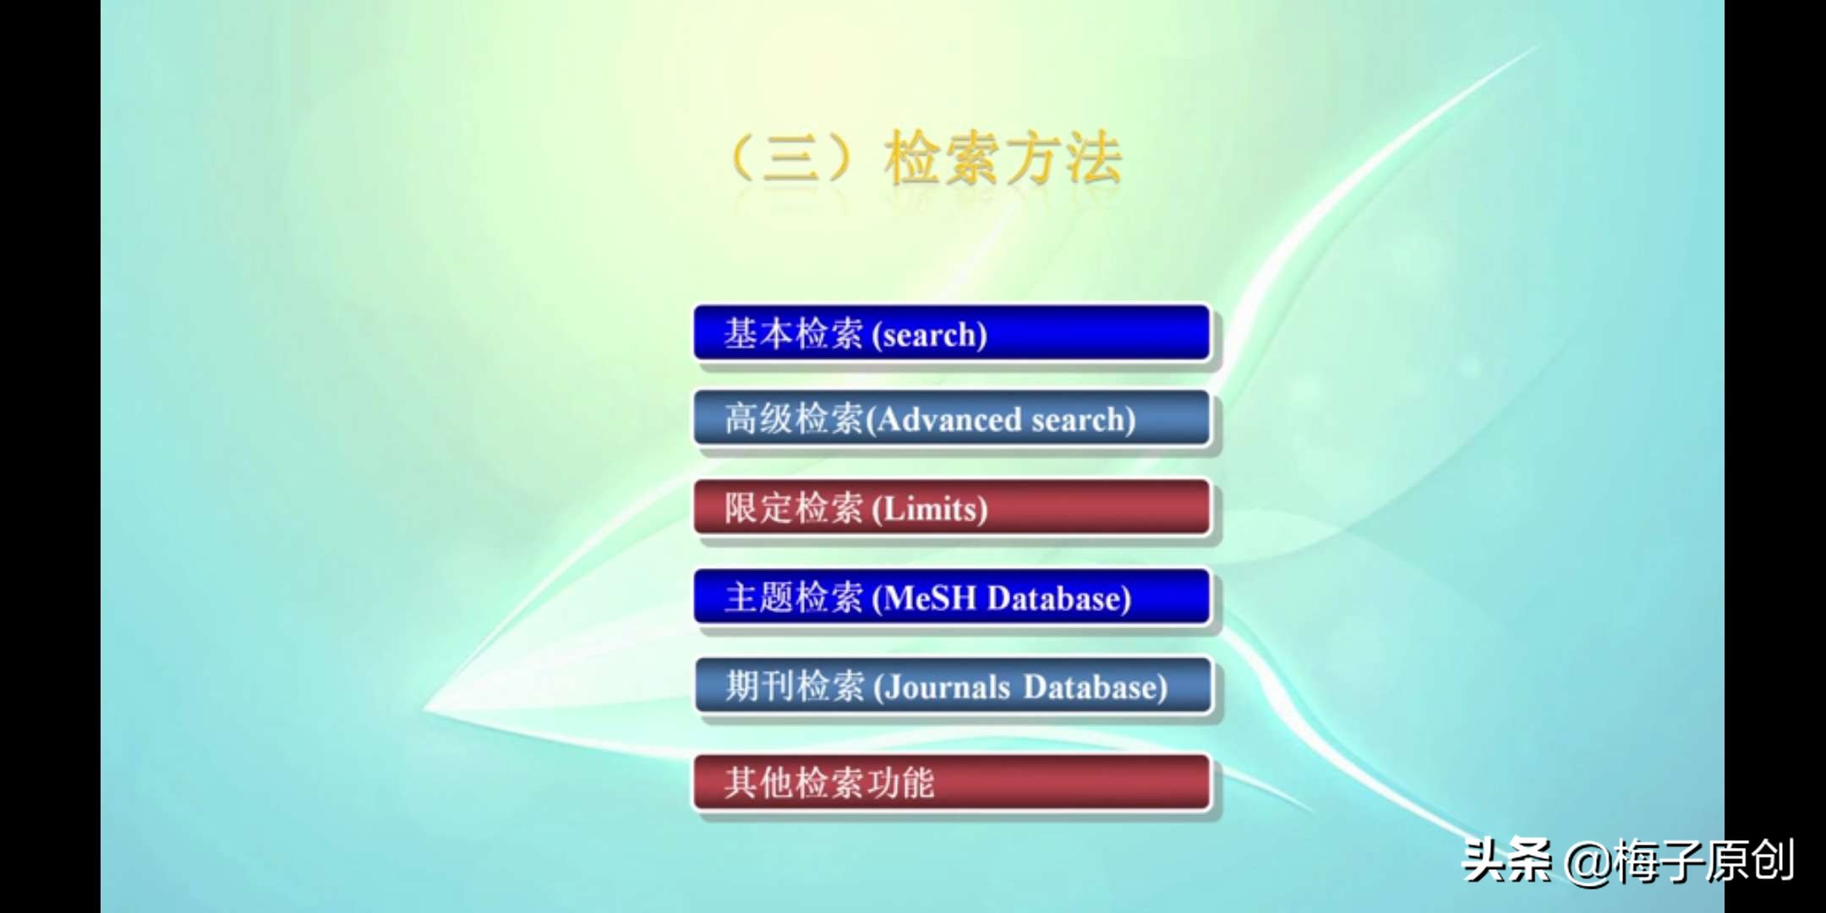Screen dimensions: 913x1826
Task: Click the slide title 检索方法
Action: [1003, 159]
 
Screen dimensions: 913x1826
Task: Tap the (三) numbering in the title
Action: [791, 159]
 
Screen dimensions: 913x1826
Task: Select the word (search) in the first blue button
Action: [929, 336]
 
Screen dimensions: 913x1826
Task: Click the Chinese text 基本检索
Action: [793, 334]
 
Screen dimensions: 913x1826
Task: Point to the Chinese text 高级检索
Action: [793, 418]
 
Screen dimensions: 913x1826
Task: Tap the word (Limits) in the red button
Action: [930, 509]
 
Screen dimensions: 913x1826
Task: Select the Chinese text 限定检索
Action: [793, 508]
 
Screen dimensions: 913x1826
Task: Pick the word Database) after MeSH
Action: [1059, 599]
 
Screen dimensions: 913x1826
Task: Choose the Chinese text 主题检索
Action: [793, 598]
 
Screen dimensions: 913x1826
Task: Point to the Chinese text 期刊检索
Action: [793, 686]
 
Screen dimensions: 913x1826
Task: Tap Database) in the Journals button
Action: [1095, 687]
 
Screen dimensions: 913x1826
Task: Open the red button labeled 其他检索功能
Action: [952, 783]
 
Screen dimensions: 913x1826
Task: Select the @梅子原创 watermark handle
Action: [1679, 861]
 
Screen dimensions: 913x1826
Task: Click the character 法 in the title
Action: [1094, 159]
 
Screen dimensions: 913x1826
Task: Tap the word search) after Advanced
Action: [1084, 419]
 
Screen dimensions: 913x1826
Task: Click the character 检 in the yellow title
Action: [912, 159]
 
